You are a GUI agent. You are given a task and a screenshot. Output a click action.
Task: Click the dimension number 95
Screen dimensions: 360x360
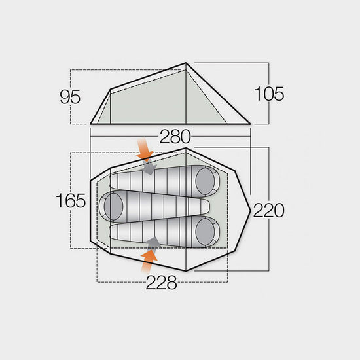coord(70,97)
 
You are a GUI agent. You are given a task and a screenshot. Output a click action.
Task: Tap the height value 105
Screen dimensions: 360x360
coord(270,94)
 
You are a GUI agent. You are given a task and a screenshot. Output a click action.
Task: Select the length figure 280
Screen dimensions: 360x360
coord(175,137)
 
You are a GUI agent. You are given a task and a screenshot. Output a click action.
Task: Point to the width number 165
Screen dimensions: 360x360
coord(71,200)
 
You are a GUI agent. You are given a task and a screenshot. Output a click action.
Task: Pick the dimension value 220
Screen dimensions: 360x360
coord(269,210)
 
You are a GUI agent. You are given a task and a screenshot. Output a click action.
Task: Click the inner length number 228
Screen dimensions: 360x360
coord(162,283)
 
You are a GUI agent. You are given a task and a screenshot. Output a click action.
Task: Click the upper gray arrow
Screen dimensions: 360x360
coord(150,167)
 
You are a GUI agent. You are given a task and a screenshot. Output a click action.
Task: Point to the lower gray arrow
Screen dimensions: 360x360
coord(153,243)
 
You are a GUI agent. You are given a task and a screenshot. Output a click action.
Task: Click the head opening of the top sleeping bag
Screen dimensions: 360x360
coord(206,179)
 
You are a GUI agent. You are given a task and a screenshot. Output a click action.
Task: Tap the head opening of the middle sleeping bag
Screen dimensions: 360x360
coord(112,206)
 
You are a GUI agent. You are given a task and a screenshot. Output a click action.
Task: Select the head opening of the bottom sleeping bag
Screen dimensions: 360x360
coord(206,231)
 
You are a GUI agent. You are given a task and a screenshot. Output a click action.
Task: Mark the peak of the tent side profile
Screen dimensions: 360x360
coord(187,63)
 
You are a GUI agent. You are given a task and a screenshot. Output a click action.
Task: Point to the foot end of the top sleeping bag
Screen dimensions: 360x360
coord(114,180)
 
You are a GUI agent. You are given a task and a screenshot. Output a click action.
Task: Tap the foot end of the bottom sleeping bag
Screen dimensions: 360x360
coord(114,232)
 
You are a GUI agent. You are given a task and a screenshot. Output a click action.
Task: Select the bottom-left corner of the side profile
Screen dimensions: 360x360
coord(91,123)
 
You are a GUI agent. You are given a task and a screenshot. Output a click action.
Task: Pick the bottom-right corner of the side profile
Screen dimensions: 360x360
coord(251,123)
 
